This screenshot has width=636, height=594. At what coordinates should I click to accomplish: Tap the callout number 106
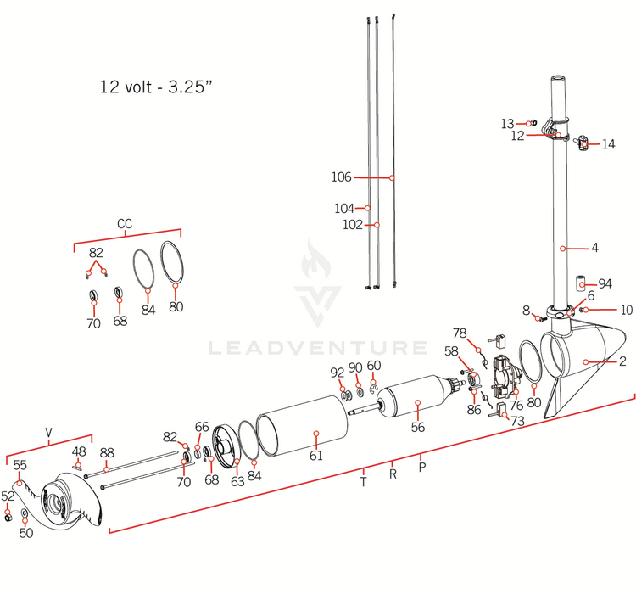pos(341,177)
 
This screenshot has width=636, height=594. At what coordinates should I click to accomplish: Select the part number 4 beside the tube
pos(595,248)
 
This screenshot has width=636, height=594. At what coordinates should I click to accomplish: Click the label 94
pos(605,283)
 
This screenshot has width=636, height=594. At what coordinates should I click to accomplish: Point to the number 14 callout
pos(608,144)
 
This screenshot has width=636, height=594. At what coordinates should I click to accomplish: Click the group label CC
pos(125,224)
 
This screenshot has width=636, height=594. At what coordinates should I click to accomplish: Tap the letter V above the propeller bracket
pos(48,433)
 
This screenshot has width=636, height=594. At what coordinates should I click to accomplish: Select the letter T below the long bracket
pos(363,482)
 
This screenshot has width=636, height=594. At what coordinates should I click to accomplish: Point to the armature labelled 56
pos(417,427)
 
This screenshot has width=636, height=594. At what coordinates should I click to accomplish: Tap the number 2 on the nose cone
pos(622,362)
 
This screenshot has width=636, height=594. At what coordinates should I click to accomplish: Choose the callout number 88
pos(107,452)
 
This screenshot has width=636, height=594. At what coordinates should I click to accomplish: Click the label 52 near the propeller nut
pos(8,496)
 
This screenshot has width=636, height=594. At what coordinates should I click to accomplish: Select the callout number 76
pos(516,406)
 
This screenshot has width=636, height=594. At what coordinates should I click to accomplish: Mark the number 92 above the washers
pos(338,371)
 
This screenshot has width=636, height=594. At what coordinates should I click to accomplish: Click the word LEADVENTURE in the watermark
pos(317,348)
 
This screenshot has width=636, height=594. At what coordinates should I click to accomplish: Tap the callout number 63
pos(237,481)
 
